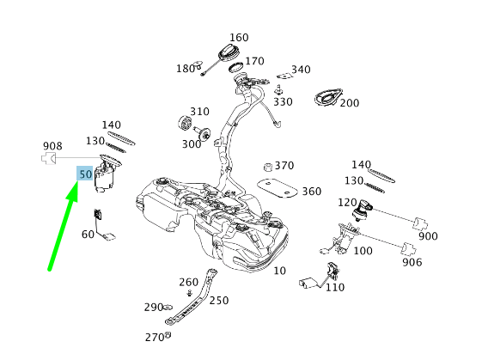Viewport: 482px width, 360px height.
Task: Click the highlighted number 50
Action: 85,174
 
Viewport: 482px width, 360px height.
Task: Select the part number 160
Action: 239,38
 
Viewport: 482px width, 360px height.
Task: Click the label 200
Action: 349,103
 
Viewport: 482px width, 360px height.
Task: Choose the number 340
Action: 301,70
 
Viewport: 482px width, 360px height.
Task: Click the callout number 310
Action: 199,112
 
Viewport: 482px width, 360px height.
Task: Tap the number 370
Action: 284,166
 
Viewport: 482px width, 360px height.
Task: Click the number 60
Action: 88,235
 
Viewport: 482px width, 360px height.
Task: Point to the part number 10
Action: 279,271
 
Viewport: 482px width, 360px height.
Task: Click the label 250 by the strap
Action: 219,300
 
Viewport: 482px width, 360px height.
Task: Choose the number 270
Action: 153,338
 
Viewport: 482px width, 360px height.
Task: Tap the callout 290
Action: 153,307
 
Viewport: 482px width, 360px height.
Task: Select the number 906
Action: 412,262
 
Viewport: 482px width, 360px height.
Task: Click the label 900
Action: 427,236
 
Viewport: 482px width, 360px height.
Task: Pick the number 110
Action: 334,288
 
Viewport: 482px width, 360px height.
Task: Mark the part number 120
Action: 346,202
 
